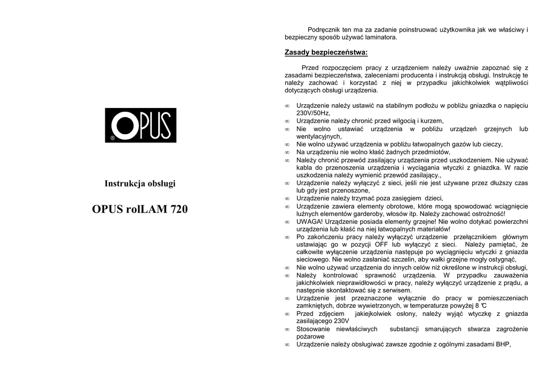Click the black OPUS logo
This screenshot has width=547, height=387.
click(x=140, y=125)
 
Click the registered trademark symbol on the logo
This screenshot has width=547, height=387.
click(x=112, y=138)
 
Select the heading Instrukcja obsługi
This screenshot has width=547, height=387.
click(x=140, y=183)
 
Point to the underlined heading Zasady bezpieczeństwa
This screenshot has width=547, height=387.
click(x=326, y=52)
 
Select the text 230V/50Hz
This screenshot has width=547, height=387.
click(x=313, y=113)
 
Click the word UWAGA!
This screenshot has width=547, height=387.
click(x=308, y=221)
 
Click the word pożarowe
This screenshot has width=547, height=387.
click(x=310, y=337)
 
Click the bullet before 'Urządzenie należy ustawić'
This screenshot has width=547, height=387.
click(x=287, y=106)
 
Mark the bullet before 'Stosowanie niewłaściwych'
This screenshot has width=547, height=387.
click(x=287, y=329)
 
